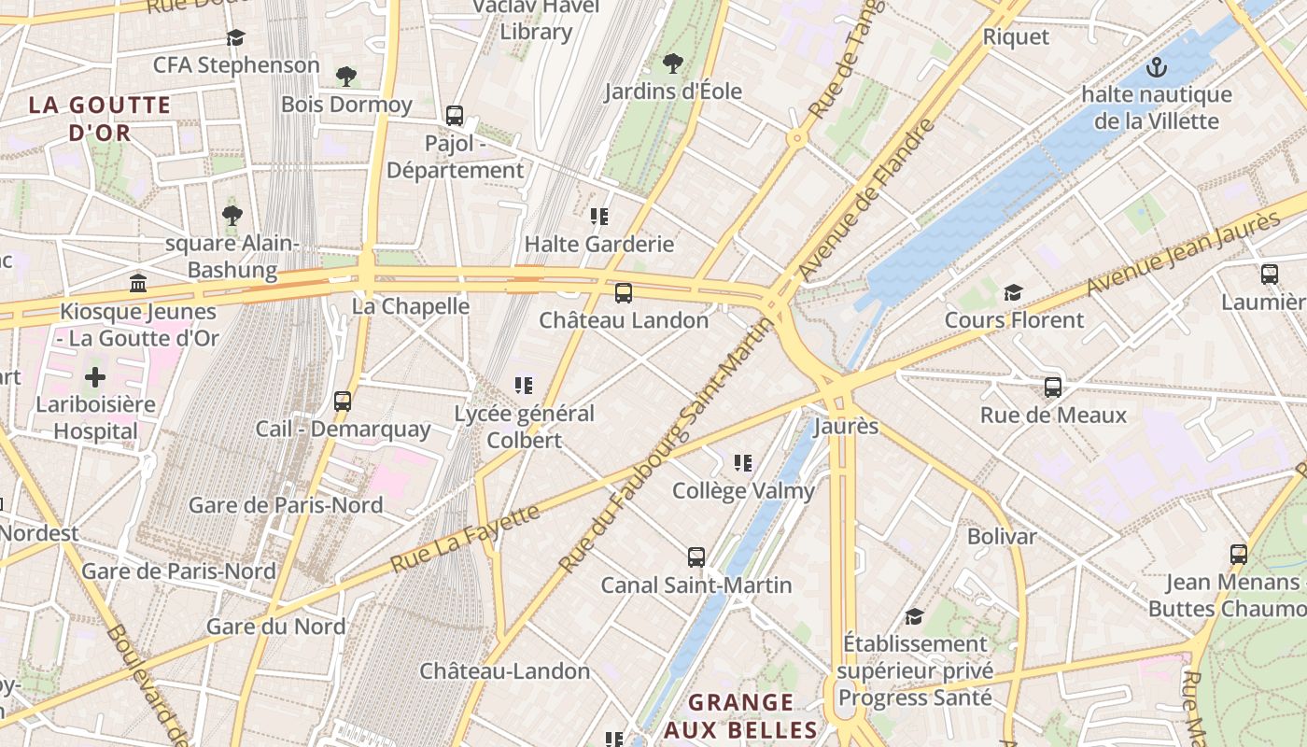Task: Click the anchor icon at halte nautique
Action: (1157, 67)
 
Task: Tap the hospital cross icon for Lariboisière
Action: (95, 377)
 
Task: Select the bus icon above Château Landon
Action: (623, 293)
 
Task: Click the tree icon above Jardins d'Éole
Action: (672, 63)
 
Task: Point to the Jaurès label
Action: (846, 427)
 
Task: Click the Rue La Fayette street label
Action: (465, 539)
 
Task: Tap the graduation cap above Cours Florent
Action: (1013, 293)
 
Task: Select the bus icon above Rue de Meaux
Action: (1053, 388)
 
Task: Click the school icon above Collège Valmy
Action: (743, 463)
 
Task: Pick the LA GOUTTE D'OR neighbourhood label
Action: (100, 119)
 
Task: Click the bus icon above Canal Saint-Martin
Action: (696, 557)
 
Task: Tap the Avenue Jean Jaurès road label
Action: (1184, 254)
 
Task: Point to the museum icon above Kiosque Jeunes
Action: (138, 283)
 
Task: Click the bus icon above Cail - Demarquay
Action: (343, 402)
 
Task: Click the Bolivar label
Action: (1002, 537)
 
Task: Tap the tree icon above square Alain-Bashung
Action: (232, 216)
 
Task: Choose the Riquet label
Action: (1016, 37)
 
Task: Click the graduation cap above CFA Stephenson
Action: (235, 37)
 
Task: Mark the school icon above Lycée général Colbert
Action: (524, 385)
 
